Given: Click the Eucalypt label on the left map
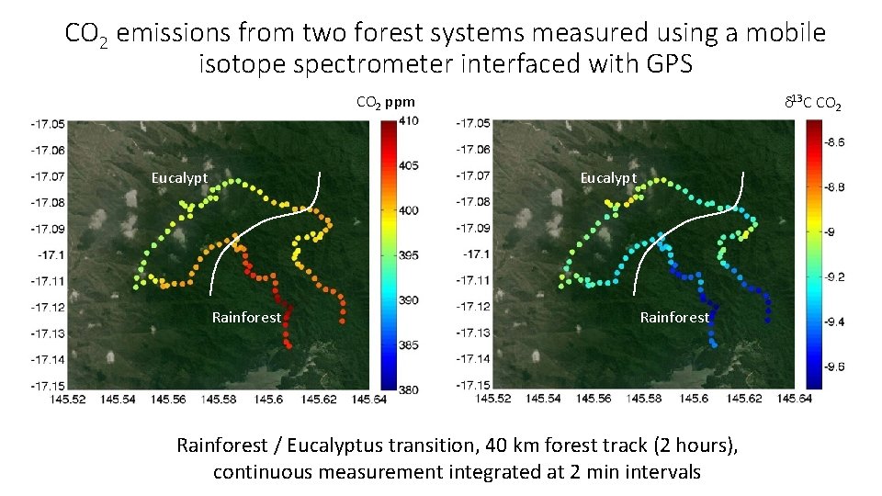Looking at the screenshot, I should pyautogui.click(x=179, y=178).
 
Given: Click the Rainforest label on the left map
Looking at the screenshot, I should pyautogui.click(x=246, y=318).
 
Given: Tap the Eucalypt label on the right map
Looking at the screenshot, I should pyautogui.click(x=608, y=178).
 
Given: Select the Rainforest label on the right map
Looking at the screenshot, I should pyautogui.click(x=674, y=318).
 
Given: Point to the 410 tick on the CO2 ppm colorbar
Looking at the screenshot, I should pyautogui.click(x=409, y=120).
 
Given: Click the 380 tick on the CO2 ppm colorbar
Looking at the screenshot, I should pyautogui.click(x=409, y=389).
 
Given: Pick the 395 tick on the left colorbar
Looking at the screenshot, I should pyautogui.click(x=409, y=255).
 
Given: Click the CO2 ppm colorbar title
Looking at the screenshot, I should pyautogui.click(x=385, y=102).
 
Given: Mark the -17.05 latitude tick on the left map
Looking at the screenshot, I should pyautogui.click(x=47, y=123).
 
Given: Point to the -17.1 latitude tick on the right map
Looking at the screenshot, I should pyautogui.click(x=480, y=254).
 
